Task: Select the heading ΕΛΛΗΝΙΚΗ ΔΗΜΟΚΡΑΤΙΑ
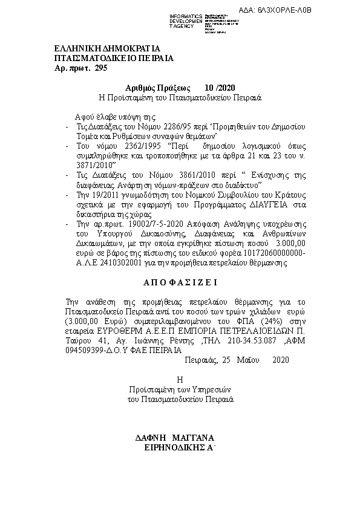[x=106, y=48]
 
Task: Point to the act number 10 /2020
[x=219, y=87]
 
